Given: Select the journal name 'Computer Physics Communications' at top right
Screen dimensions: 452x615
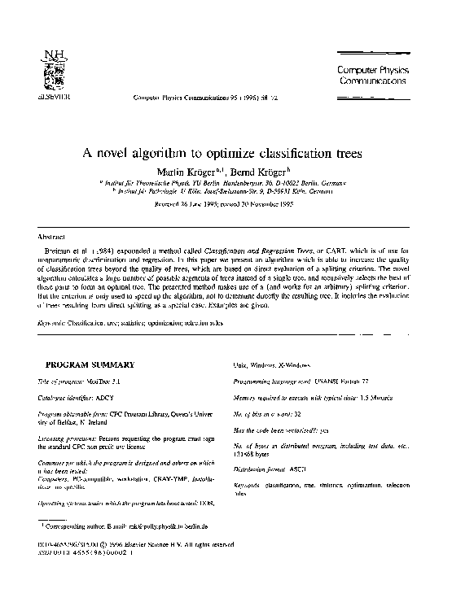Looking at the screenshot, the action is [x=371, y=76].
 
